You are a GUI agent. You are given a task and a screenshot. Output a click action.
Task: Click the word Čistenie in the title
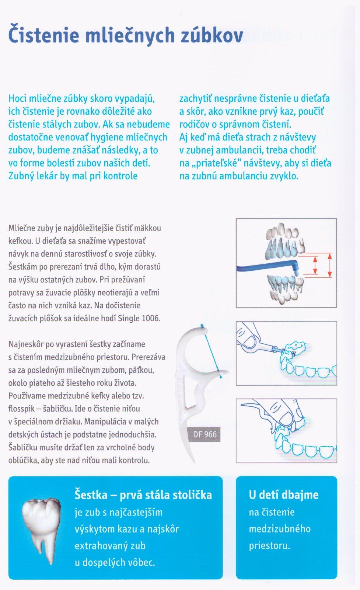43,35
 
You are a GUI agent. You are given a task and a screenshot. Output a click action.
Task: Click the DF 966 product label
205,434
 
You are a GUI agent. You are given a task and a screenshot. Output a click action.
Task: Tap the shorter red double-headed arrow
315,265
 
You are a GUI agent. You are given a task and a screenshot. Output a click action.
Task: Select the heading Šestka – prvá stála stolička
143,494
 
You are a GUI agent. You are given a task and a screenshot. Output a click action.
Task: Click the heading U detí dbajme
283,494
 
